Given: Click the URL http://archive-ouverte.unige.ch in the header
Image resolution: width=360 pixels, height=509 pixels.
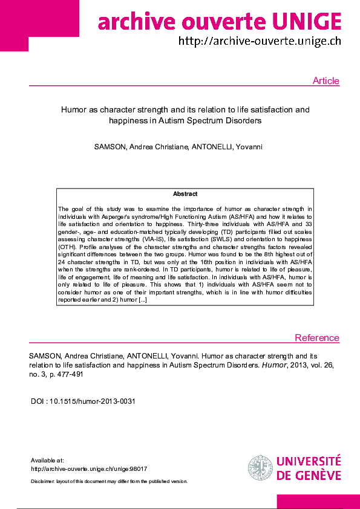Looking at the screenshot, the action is coord(260,41).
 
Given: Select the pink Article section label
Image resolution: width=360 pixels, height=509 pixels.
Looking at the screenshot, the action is coord(326,81).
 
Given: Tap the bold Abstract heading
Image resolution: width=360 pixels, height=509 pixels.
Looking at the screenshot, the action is coord(185,194).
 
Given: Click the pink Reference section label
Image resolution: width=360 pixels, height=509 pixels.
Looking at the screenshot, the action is coord(317,338).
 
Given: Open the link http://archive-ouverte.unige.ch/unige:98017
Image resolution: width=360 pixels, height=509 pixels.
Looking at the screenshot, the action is coord(89,468).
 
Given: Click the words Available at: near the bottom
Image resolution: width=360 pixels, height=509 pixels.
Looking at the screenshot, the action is coord(47,460).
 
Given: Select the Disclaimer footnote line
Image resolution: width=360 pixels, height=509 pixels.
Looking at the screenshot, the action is coord(109,481).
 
